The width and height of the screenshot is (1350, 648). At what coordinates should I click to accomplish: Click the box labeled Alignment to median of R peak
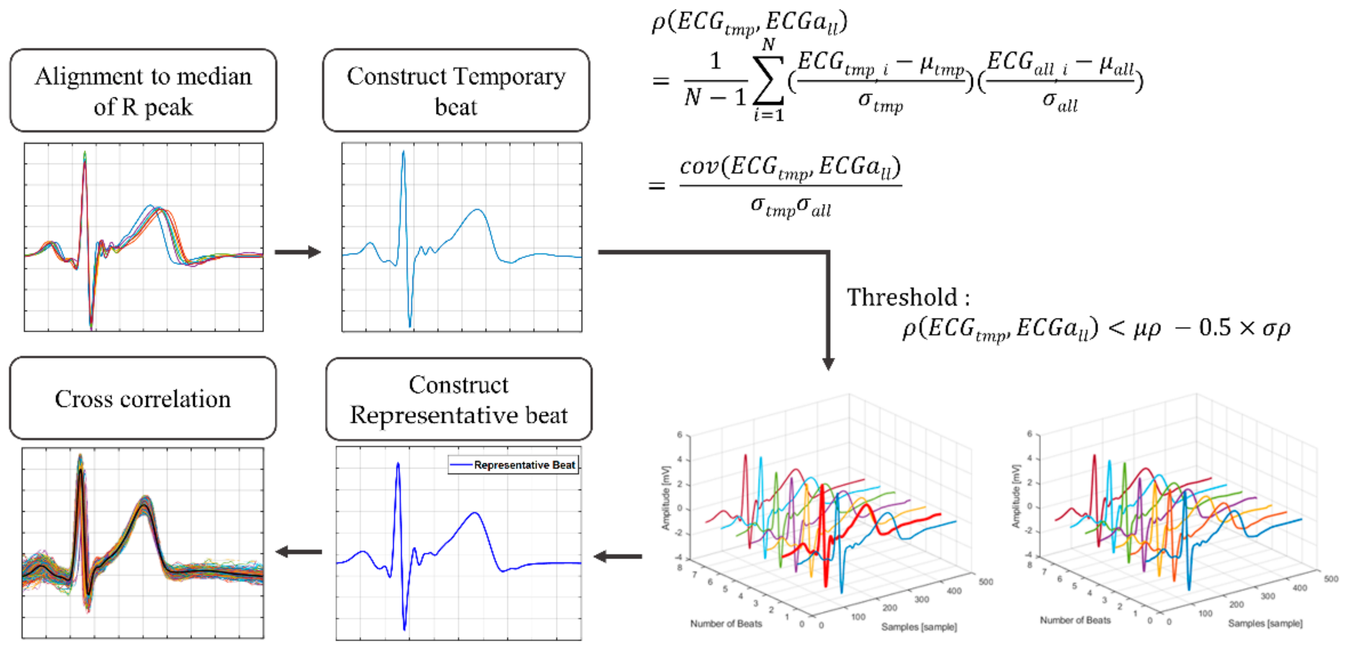pyautogui.click(x=143, y=90)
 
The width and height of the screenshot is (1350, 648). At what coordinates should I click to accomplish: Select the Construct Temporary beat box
pyautogui.click(x=456, y=90)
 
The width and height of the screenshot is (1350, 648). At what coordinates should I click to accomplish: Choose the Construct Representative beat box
pyautogui.click(x=459, y=399)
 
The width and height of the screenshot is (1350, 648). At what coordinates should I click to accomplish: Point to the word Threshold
pyautogui.click(x=902, y=297)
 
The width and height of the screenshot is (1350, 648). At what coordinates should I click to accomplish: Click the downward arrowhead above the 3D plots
pyautogui.click(x=828, y=363)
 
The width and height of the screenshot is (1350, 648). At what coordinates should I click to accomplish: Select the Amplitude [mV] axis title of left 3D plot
pyautogui.click(x=665, y=498)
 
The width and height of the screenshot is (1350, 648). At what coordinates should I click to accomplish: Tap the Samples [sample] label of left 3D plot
pyautogui.click(x=918, y=627)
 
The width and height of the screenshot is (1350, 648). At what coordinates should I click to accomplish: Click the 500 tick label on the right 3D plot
pyautogui.click(x=1331, y=579)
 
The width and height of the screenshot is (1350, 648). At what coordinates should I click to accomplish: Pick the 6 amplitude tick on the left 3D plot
pyautogui.click(x=679, y=435)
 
